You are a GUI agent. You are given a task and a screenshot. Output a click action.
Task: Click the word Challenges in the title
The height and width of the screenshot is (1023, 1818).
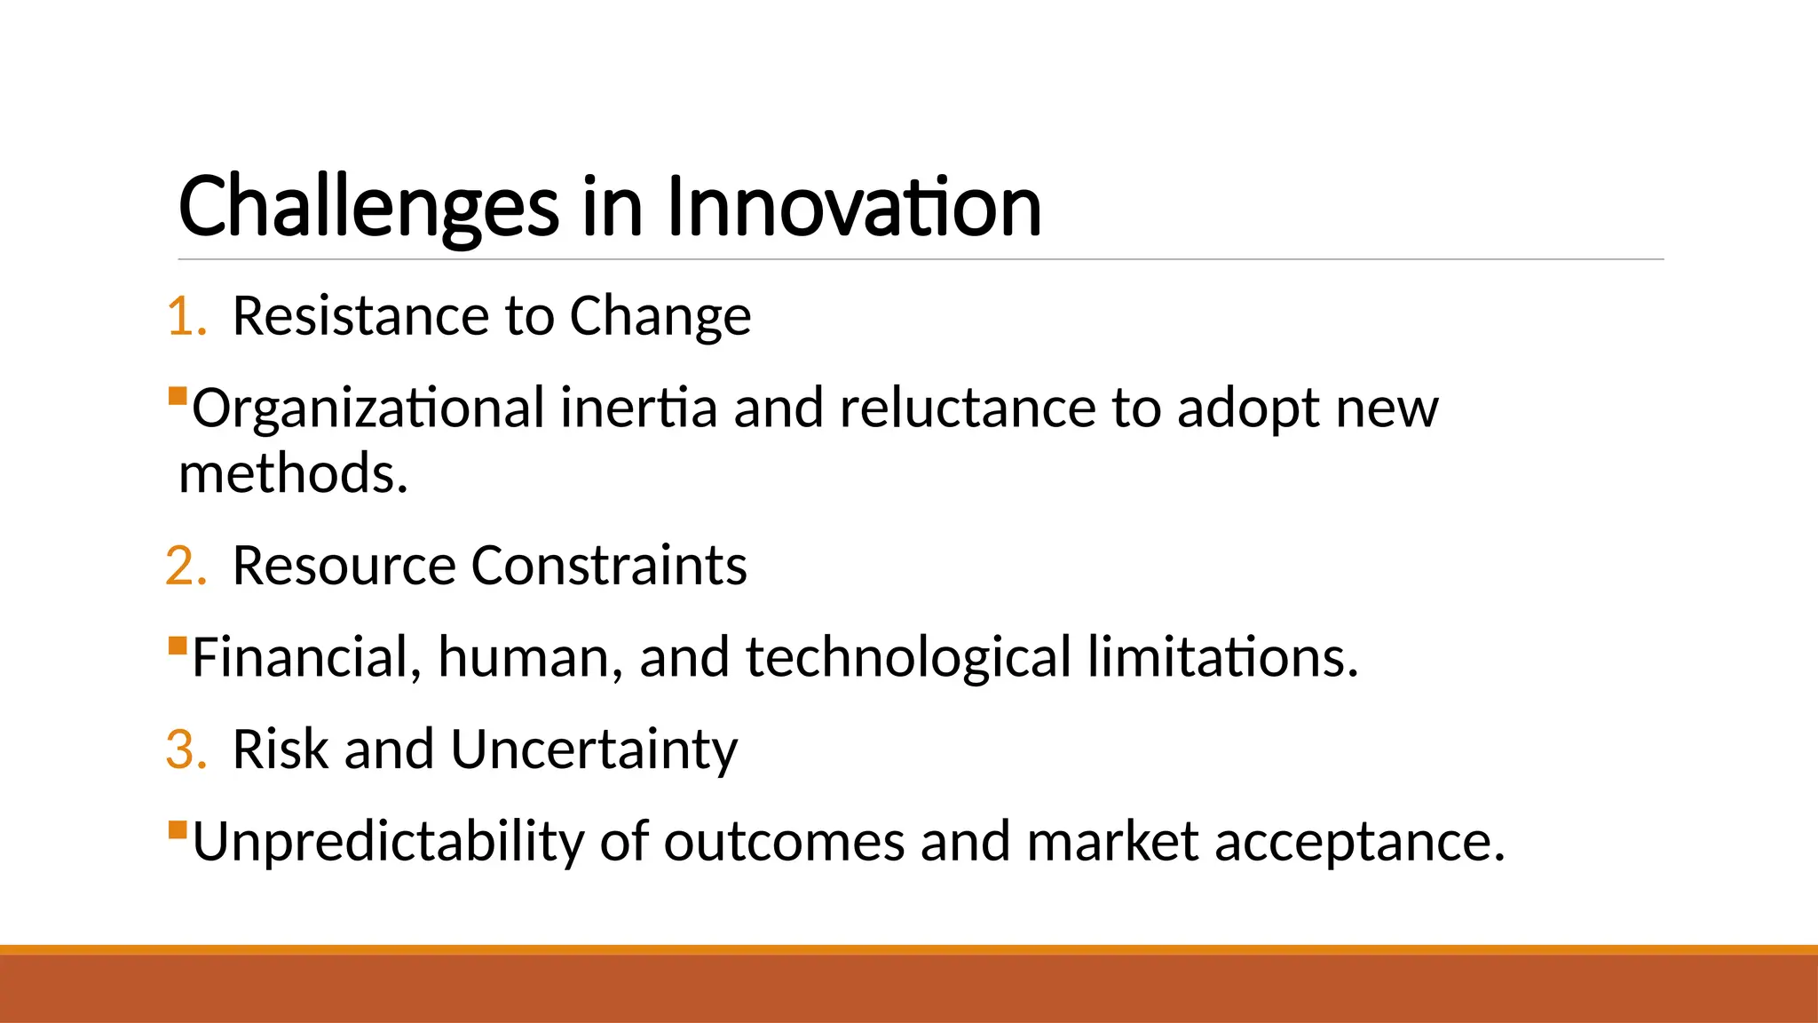[x=368, y=209]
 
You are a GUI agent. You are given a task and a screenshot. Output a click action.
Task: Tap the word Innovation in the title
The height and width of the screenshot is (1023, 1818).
[x=853, y=207]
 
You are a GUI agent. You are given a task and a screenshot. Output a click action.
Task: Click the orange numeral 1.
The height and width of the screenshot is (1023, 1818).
[x=185, y=317]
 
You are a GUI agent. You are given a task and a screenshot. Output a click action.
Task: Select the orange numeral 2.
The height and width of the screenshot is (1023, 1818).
[x=185, y=567]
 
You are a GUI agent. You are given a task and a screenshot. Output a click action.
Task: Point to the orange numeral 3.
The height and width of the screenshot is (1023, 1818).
[x=185, y=750]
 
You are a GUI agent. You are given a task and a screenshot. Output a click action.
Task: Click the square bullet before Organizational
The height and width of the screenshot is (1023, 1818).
[x=178, y=394]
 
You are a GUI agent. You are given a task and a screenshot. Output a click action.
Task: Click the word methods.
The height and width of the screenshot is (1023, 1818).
[x=292, y=473]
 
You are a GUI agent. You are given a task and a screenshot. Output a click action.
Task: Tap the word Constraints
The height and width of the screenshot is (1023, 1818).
[x=609, y=567]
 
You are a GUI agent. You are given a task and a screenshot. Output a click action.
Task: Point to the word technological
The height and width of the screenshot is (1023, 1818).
[x=908, y=659]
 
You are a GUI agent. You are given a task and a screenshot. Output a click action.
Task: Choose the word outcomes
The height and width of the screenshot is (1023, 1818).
[x=783, y=843]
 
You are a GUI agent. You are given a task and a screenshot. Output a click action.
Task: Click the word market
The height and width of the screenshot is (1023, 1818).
[x=1112, y=843]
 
